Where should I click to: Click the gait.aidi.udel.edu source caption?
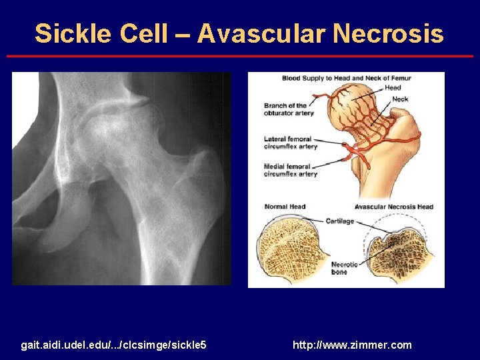(113, 345)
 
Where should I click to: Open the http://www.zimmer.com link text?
(352, 345)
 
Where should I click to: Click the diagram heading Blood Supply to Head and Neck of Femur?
(346, 78)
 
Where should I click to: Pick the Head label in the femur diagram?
(393, 87)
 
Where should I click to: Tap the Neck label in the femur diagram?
(400, 99)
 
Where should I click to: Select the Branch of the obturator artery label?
(285, 109)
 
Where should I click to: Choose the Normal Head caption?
(285, 207)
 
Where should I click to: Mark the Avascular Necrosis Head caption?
(393, 207)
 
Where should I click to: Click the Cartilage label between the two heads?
(339, 221)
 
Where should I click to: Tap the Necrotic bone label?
(344, 268)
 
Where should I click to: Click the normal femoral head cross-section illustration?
(291, 249)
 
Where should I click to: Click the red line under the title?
(240, 57)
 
